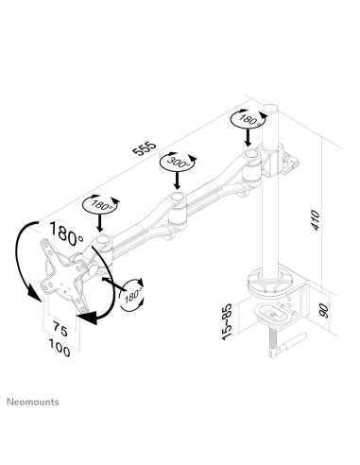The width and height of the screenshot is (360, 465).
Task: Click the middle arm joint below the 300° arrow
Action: [x=174, y=203]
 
